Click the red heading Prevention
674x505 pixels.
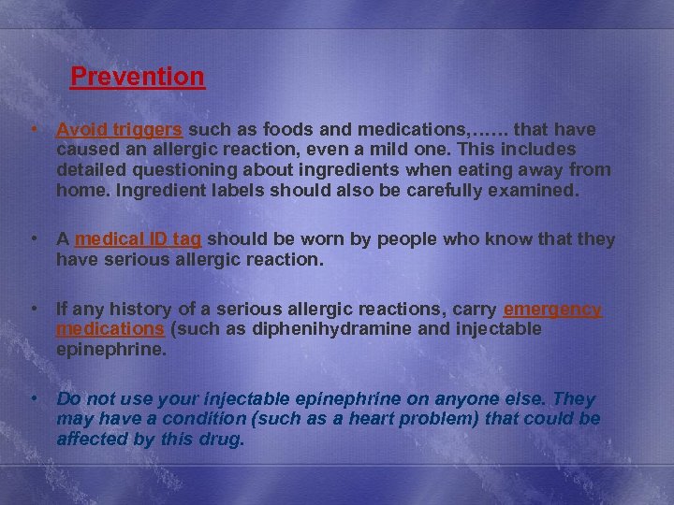point(137,76)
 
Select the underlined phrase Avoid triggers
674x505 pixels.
point(119,129)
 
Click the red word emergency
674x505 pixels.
point(552,310)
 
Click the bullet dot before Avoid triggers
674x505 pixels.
point(34,129)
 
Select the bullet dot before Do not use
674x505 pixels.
point(34,399)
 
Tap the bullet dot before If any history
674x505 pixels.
point(34,310)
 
